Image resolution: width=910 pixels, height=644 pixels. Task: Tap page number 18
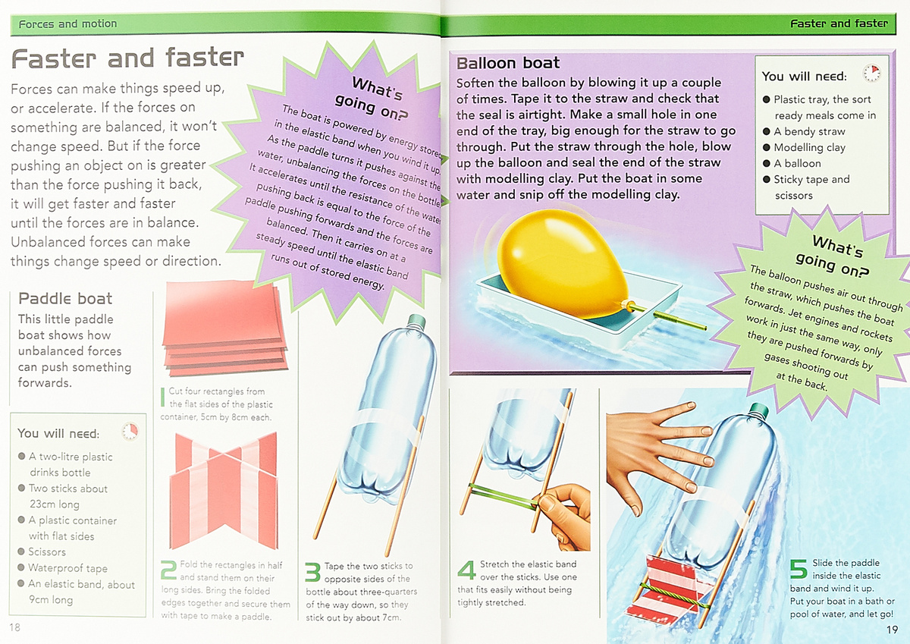coord(14,627)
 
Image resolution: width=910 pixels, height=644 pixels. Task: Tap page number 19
coord(892,630)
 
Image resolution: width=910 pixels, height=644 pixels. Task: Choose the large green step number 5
coord(799,568)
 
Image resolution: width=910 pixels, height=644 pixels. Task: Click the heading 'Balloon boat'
coord(508,63)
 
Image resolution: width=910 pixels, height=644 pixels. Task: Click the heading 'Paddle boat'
coord(65,299)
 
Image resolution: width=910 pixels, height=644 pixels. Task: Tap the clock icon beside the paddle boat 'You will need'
coord(130,431)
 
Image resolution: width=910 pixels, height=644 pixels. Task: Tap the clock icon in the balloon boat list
coord(871,73)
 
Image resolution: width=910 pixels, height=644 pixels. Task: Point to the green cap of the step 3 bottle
coord(417,321)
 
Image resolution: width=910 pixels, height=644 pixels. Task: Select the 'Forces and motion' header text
coord(67,24)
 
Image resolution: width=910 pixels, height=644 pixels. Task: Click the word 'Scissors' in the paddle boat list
coord(47,551)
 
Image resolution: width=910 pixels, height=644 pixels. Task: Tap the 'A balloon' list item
coord(797,163)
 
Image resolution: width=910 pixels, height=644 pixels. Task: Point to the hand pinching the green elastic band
coord(565,516)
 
